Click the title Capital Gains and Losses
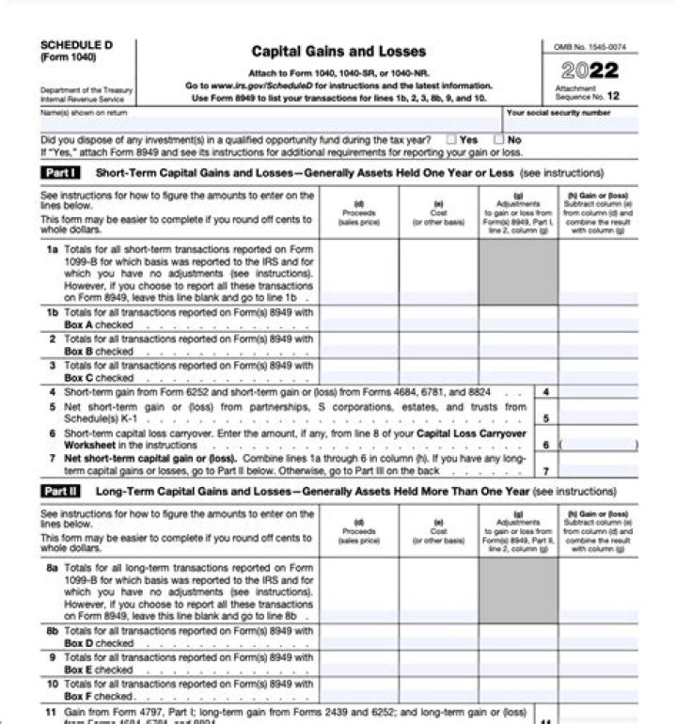coord(338,52)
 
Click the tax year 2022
coord(590,71)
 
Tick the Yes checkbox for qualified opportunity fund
coord(452,140)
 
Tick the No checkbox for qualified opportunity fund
coord(500,140)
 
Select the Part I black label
coord(61,173)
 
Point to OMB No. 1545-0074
coord(590,46)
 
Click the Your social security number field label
coord(558,113)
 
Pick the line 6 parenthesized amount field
coord(597,444)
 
